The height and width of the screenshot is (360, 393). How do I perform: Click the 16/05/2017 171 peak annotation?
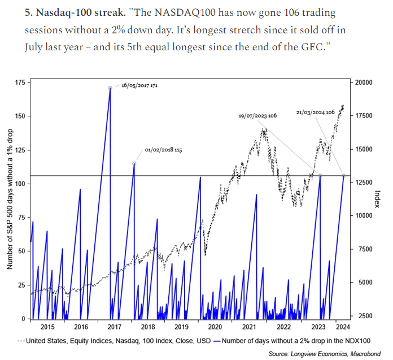coord(139,86)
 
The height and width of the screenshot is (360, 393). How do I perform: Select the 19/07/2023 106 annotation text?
coord(257,115)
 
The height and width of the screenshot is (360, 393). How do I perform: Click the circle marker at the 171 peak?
coord(110,88)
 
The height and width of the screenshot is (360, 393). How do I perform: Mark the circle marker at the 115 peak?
coord(134,163)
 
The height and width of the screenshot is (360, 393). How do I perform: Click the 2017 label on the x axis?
coord(114,327)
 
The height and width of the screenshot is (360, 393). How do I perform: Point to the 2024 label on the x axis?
coord(340,327)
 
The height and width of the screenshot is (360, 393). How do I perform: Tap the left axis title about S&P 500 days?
coord(10,199)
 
